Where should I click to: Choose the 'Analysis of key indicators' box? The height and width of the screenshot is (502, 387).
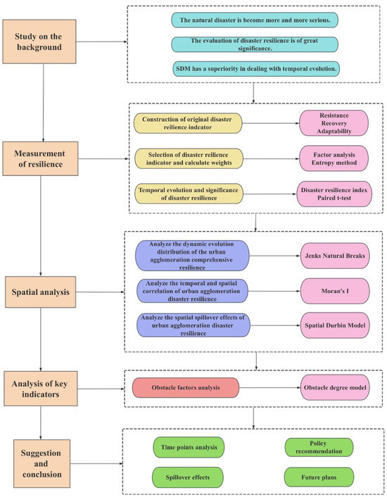coord(44,388)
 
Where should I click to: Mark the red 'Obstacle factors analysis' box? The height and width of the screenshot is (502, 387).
coord(186,387)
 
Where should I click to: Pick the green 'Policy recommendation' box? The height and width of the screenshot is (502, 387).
coord(319,447)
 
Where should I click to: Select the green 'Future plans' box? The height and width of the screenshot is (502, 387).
coord(319,476)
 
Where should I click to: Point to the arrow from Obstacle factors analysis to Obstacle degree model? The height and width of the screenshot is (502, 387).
coord(269,387)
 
